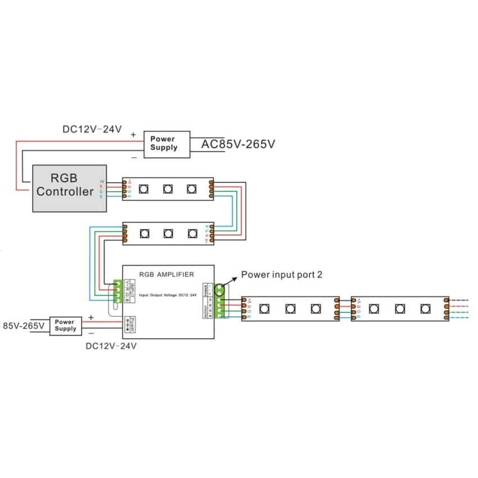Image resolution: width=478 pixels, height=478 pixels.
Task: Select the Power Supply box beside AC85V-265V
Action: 163,143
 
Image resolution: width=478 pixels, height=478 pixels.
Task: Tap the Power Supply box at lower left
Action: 65,326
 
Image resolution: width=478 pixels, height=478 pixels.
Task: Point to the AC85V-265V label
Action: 238,144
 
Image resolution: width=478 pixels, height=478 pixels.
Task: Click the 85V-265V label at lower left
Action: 24,326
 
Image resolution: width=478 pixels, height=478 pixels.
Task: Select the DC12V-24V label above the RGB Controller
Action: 92,129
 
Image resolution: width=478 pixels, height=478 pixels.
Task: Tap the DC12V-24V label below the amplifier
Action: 111,346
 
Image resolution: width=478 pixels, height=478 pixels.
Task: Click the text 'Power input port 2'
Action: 281,275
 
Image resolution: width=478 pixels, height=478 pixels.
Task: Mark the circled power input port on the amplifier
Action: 218,290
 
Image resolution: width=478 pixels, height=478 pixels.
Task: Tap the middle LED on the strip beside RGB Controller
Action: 168,189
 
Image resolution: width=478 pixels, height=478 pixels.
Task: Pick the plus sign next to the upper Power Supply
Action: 133,134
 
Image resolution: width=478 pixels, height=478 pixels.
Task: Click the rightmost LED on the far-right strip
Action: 425,309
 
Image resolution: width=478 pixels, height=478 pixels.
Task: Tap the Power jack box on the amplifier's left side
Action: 130,324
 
